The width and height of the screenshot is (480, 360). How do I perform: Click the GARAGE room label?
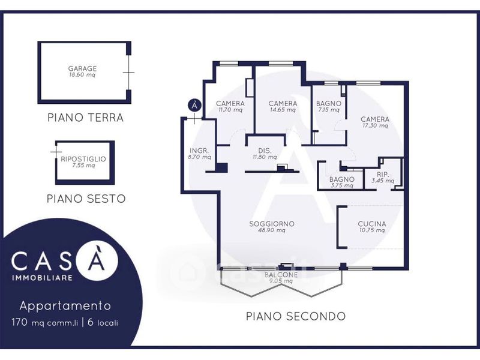click(x=82, y=68)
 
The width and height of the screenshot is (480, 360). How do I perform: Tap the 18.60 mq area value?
click(x=82, y=74)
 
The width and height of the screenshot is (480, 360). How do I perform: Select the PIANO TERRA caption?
click(x=85, y=118)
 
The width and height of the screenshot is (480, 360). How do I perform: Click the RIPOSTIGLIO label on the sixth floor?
click(x=83, y=159)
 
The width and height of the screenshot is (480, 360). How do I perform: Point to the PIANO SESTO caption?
click(x=86, y=199)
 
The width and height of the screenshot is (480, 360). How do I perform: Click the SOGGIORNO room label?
click(x=272, y=224)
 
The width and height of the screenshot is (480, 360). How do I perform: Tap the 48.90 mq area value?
click(x=272, y=230)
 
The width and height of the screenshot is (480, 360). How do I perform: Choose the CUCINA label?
click(x=372, y=224)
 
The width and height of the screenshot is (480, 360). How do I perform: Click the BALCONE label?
click(x=281, y=275)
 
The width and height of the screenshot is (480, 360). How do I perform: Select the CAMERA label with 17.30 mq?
click(x=375, y=119)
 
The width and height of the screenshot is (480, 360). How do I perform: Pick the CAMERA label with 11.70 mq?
click(x=230, y=103)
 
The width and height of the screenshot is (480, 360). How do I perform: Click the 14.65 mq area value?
click(x=283, y=110)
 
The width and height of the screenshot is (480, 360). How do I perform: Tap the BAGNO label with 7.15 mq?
click(x=329, y=103)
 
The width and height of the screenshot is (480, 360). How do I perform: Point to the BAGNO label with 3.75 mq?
click(x=342, y=179)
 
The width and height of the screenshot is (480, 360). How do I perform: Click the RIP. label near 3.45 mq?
click(x=383, y=175)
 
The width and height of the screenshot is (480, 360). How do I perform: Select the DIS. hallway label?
click(x=265, y=151)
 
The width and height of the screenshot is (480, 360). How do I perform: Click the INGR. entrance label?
click(x=199, y=151)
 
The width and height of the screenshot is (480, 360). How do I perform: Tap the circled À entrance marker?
click(x=194, y=106)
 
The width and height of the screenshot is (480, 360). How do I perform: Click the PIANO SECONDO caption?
click(x=296, y=316)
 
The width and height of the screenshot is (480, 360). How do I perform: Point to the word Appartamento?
click(x=65, y=306)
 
